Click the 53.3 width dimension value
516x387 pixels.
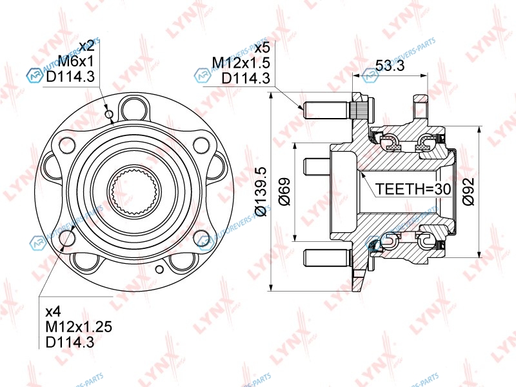tap(390, 66)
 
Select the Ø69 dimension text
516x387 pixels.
tap(285, 192)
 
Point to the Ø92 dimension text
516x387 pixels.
tap(468, 192)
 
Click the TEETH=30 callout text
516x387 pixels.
tap(413, 189)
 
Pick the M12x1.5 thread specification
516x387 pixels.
tap(241, 63)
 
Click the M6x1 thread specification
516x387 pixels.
tap(76, 61)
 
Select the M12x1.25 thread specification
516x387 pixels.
tap(79, 326)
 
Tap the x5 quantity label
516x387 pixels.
tap(263, 48)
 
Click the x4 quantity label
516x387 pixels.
tap(53, 311)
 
